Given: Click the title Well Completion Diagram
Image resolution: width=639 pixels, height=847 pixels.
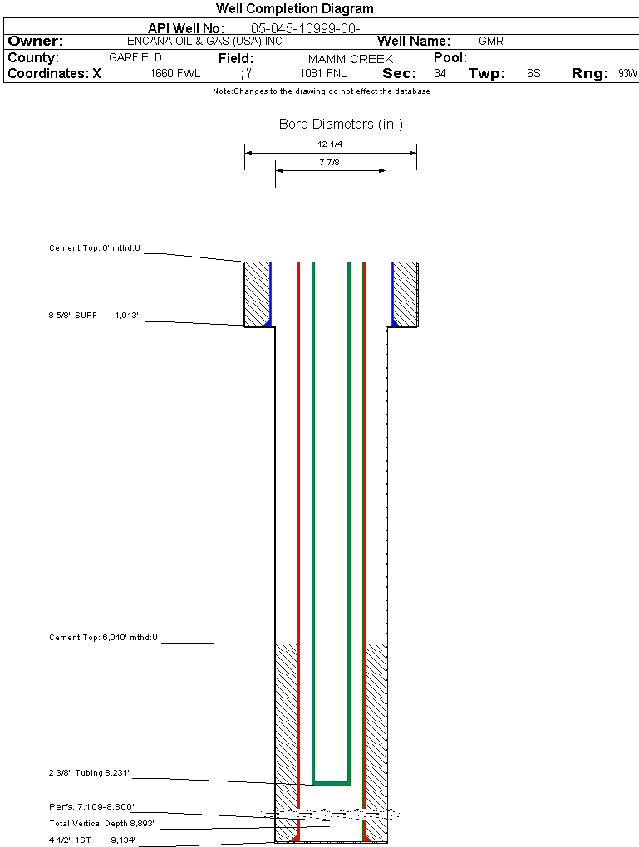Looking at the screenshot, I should coord(294,9).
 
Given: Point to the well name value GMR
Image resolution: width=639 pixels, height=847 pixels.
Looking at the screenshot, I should coord(491,41).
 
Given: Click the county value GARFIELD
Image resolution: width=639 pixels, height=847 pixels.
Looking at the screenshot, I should coord(135,58).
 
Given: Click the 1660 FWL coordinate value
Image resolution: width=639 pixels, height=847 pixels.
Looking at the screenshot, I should coord(175,74).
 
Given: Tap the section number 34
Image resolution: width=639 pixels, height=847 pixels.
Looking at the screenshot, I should coord(440,74).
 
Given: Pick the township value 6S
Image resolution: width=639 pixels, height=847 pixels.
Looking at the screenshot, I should coord(533,74).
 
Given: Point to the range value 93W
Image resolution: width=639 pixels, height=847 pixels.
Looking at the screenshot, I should coord(627,74).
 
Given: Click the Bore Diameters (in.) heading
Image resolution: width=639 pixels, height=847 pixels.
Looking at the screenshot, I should coord(341,125).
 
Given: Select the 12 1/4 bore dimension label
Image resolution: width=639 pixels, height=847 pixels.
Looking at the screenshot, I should coord(330,144).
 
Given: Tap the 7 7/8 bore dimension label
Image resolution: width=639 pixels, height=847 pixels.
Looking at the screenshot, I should coord(330,163).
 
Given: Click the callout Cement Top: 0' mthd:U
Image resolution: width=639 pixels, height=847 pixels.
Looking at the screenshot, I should coord(95,248).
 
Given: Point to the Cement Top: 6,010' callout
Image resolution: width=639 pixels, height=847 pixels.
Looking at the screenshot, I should coord(103,638).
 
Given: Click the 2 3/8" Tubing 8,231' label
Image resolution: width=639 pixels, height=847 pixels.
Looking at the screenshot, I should coord(89,773).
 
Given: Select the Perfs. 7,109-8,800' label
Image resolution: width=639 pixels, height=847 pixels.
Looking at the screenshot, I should coord(91,806).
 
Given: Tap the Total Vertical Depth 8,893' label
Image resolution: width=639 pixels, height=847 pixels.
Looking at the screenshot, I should coord(101,824).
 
